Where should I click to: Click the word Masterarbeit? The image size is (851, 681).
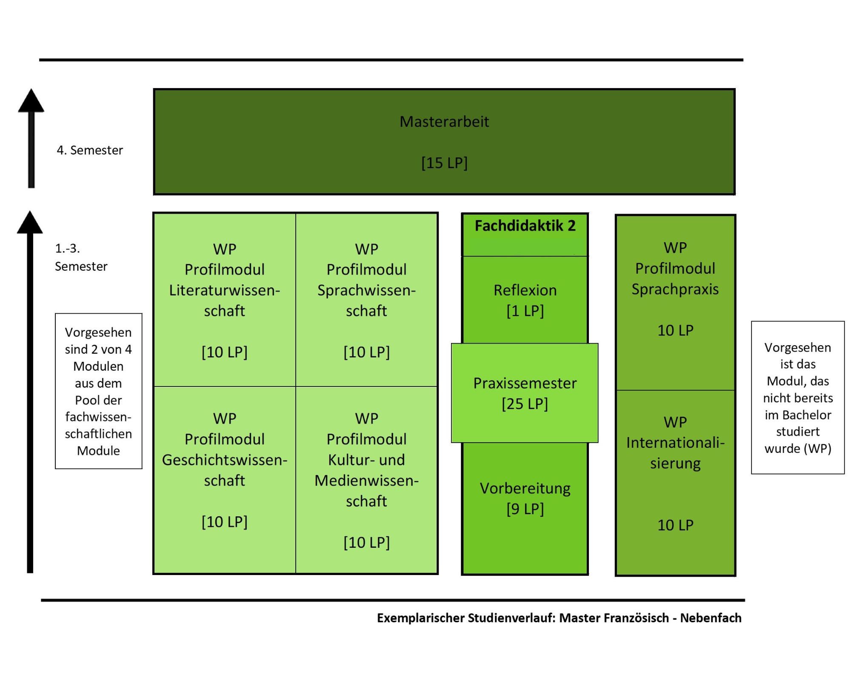pyautogui.click(x=444, y=122)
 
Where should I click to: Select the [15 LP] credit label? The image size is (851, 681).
pyautogui.click(x=444, y=163)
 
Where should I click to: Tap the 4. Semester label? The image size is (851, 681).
pyautogui.click(x=90, y=150)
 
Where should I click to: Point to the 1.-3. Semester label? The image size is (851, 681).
pyautogui.click(x=81, y=257)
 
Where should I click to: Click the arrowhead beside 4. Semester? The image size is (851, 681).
pyautogui.click(x=31, y=100)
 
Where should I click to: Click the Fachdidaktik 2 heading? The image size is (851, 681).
pyautogui.click(x=525, y=226)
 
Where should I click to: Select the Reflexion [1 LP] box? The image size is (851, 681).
pyautogui.click(x=525, y=300)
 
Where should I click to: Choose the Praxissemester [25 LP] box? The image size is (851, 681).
pyautogui.click(x=525, y=393)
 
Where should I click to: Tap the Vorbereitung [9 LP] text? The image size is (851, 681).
pyautogui.click(x=525, y=498)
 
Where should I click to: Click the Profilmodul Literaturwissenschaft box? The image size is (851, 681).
pyautogui.click(x=225, y=300)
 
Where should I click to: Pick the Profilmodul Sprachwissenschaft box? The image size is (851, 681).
pyautogui.click(x=366, y=300)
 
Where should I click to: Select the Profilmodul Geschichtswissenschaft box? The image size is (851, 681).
pyautogui.click(x=225, y=480)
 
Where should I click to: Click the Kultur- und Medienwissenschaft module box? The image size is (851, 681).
pyautogui.click(x=366, y=480)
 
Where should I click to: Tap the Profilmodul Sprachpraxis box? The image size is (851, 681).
pyautogui.click(x=675, y=303)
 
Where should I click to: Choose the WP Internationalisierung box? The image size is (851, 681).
pyautogui.click(x=675, y=482)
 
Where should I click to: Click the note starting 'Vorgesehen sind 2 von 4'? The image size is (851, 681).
pyautogui.click(x=98, y=391)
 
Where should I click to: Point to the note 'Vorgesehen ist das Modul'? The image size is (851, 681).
pyautogui.click(x=798, y=398)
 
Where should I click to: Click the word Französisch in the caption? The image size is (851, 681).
pyautogui.click(x=614, y=618)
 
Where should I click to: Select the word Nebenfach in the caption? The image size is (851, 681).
pyautogui.click(x=711, y=618)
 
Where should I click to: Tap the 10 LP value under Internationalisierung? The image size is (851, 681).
pyautogui.click(x=675, y=525)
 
